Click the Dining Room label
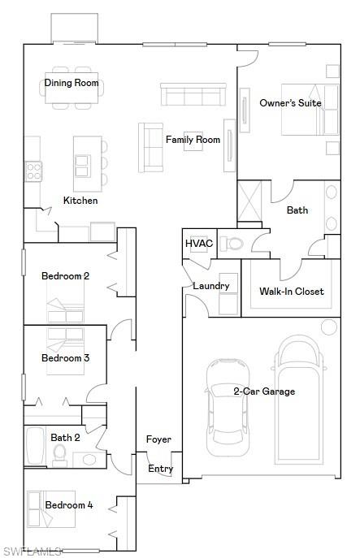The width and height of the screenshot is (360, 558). pyautogui.click(x=71, y=83)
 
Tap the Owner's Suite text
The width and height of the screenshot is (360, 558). pyautogui.click(x=290, y=103)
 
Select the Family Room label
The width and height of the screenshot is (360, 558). pyautogui.click(x=193, y=140)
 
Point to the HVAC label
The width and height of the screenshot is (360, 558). pyautogui.click(x=198, y=244)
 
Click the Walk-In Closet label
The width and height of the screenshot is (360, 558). pyautogui.click(x=291, y=292)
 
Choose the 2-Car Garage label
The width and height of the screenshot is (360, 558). pyautogui.click(x=264, y=391)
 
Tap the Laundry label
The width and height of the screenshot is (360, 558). pyautogui.click(x=210, y=286)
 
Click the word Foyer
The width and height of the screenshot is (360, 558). pyautogui.click(x=158, y=439)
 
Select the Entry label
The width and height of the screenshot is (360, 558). pyautogui.click(x=160, y=469)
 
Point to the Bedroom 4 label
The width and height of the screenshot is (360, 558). pyautogui.click(x=68, y=505)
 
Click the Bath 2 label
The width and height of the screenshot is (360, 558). pyautogui.click(x=65, y=438)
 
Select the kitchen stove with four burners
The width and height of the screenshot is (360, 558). pyautogui.click(x=33, y=171)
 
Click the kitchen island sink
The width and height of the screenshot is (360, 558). pyautogui.click(x=84, y=166)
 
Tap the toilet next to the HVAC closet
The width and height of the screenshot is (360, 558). pyautogui.click(x=232, y=243)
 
